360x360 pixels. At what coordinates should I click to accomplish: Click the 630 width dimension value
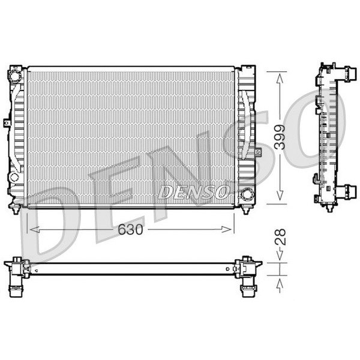(x=130, y=229)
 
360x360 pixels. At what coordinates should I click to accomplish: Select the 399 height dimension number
(x=280, y=137)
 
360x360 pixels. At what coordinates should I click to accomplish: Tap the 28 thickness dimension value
(x=280, y=237)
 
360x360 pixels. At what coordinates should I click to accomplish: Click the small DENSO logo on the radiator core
(x=193, y=192)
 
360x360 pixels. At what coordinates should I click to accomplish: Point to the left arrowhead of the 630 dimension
(x=35, y=229)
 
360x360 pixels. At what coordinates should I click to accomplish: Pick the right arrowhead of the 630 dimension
(x=226, y=229)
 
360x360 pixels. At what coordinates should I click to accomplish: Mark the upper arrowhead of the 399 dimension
(x=280, y=79)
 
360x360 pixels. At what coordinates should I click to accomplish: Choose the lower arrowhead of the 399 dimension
(x=280, y=195)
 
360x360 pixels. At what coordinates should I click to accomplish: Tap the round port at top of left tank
(x=14, y=76)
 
